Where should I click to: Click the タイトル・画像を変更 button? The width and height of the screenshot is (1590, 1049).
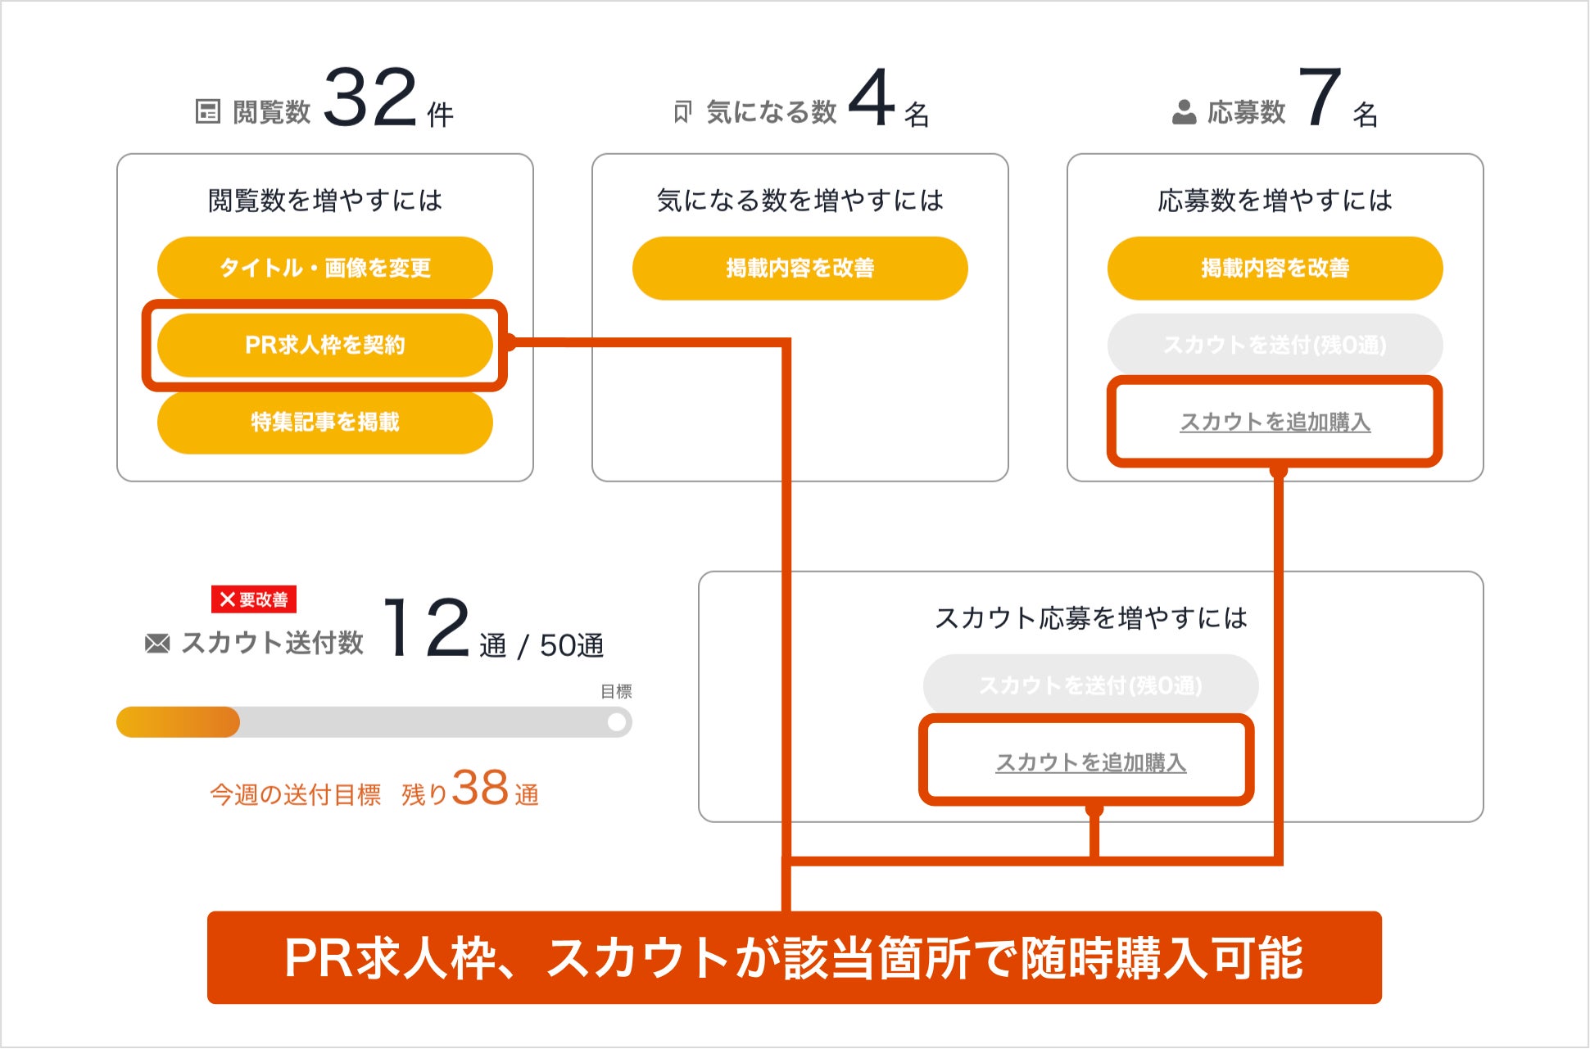click(x=324, y=268)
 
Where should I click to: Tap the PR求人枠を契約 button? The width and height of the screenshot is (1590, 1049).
click(x=324, y=345)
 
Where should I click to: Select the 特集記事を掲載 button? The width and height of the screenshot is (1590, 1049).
click(x=324, y=422)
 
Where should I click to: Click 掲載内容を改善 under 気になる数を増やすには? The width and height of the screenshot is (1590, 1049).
click(x=800, y=268)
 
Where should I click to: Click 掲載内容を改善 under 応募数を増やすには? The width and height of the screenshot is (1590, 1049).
click(x=1275, y=268)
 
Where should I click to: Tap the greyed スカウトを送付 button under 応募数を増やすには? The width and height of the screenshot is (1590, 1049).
click(x=1275, y=345)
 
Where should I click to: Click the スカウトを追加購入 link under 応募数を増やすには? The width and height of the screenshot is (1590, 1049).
click(x=1275, y=422)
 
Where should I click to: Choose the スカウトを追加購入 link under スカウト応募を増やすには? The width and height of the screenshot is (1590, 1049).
click(x=1090, y=762)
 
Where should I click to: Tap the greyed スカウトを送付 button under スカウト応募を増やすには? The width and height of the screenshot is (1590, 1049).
click(x=1090, y=685)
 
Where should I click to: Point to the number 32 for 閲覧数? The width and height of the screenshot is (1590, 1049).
click(x=370, y=98)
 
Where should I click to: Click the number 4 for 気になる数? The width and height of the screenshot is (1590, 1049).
click(x=871, y=98)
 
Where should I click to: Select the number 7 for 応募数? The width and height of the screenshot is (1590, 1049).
click(x=1320, y=98)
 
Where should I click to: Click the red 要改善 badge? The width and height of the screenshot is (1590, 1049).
click(x=254, y=599)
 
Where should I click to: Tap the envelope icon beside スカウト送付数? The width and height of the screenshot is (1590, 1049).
click(x=157, y=644)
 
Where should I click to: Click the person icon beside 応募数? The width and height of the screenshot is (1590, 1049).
click(x=1184, y=112)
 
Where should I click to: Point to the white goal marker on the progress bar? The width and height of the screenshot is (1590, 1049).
click(x=617, y=722)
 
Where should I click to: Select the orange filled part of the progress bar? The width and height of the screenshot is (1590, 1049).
click(x=178, y=722)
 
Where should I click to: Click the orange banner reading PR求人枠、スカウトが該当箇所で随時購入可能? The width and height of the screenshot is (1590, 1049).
click(x=794, y=957)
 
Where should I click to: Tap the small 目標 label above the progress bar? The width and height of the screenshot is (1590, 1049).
click(x=616, y=692)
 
